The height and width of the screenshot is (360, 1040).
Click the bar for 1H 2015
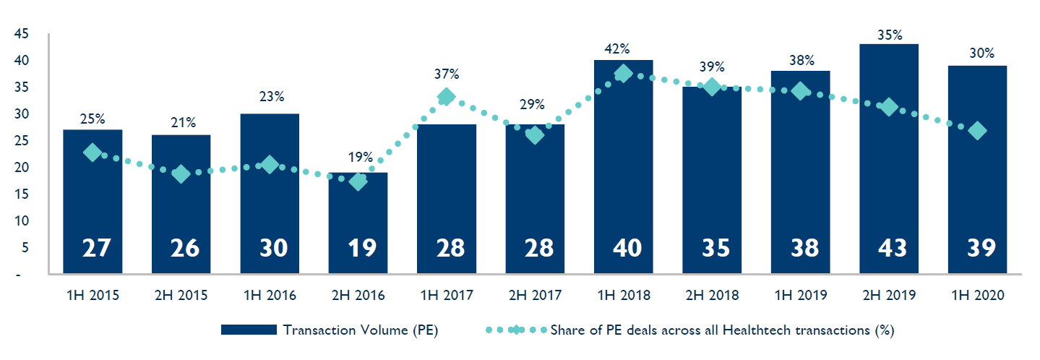click(x=93, y=202)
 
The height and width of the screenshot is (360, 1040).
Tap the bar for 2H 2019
click(x=889, y=159)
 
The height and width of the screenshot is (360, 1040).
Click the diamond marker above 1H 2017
click(x=447, y=96)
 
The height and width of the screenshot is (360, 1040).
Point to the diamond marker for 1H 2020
click(x=977, y=131)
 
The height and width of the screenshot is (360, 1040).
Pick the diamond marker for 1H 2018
click(x=623, y=74)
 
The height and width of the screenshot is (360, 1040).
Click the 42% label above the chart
click(x=618, y=49)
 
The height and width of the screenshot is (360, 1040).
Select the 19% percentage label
click(x=361, y=157)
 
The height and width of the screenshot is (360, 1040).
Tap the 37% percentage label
click(x=447, y=74)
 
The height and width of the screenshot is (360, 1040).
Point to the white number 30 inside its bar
click(x=274, y=248)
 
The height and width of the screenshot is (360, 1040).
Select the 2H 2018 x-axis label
click(x=712, y=295)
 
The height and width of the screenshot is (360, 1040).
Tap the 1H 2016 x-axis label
click(x=270, y=295)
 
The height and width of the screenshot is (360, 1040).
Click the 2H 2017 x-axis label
click(x=535, y=295)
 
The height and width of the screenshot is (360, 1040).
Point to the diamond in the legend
click(x=517, y=330)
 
